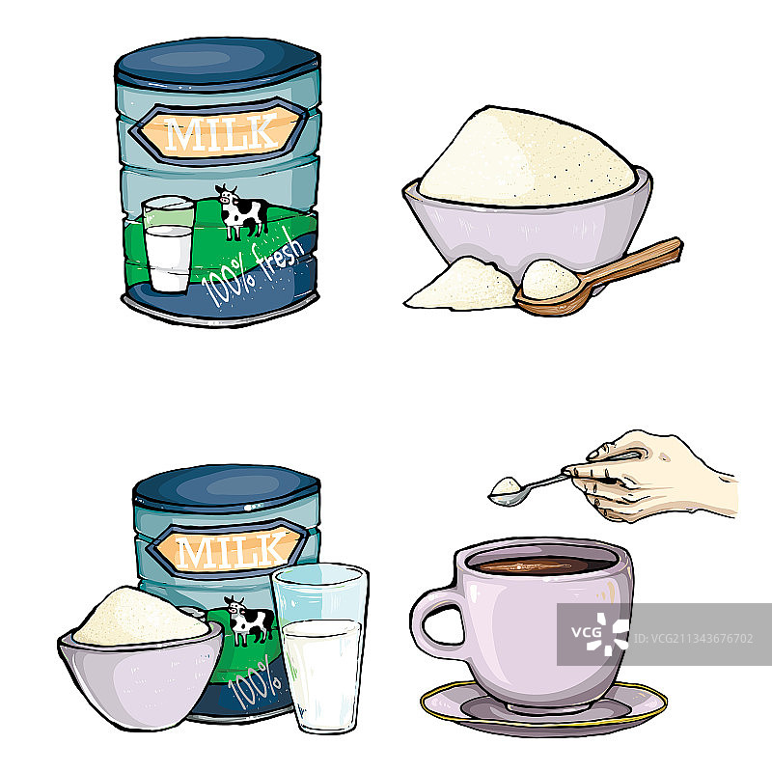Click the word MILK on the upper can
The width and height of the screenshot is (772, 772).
[x=222, y=132]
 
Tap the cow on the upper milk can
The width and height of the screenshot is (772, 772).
[x=242, y=211]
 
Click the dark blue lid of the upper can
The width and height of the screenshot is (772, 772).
[x=217, y=64]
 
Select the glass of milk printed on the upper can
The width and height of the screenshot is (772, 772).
[x=168, y=244]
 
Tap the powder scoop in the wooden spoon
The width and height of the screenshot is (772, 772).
[x=549, y=279]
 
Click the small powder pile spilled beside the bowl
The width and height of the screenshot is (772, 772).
[x=460, y=286]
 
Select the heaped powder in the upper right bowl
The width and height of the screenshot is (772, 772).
[x=527, y=157]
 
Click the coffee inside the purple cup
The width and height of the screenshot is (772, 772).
[x=541, y=565]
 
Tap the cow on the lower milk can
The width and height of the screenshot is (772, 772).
[x=250, y=620]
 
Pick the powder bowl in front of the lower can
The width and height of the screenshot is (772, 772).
[x=141, y=660]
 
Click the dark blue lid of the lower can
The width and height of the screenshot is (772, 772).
[x=227, y=486]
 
